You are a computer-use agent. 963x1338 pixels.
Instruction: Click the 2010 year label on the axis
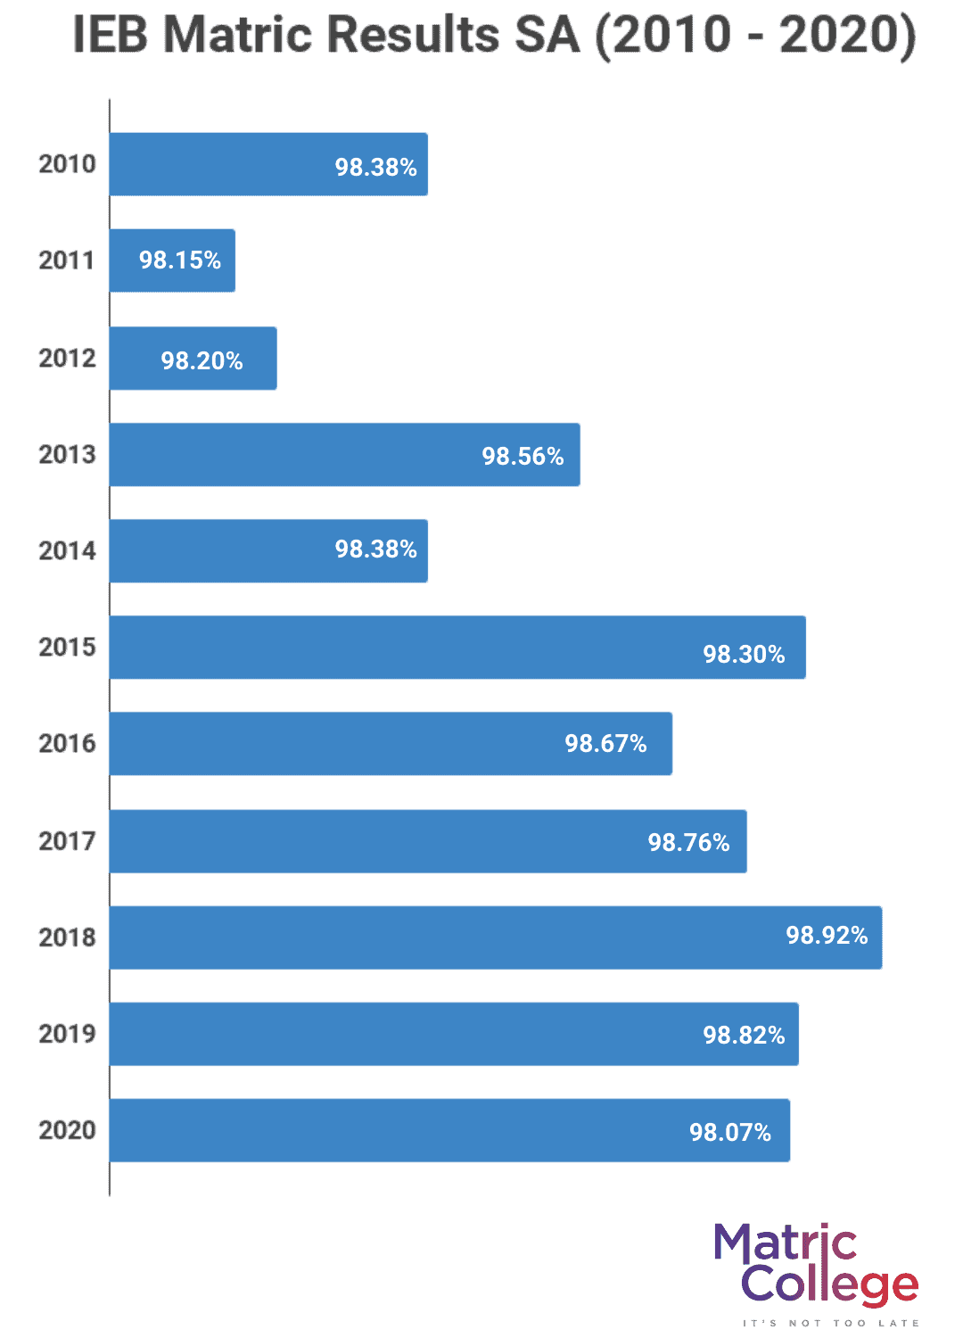tap(67, 164)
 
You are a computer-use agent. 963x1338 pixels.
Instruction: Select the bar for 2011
tap(172, 260)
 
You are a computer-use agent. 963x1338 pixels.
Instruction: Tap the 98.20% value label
tap(202, 360)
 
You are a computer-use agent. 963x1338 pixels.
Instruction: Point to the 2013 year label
tap(67, 455)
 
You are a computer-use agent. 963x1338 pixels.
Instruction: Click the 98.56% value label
tap(523, 457)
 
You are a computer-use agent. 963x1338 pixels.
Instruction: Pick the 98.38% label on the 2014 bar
tap(375, 549)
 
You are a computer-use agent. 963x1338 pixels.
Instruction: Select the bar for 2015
tap(457, 648)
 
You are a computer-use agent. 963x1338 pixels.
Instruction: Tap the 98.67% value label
tap(605, 744)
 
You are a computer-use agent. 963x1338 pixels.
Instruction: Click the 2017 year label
tap(67, 841)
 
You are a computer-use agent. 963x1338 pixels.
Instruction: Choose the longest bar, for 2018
tap(496, 937)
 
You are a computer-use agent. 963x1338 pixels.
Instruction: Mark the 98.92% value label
tap(827, 936)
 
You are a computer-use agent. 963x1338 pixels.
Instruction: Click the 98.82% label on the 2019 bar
tap(744, 1036)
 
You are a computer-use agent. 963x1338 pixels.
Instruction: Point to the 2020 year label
tap(67, 1130)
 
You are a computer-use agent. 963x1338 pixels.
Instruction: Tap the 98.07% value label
tap(730, 1133)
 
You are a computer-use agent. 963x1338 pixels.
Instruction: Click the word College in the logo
tap(829, 1284)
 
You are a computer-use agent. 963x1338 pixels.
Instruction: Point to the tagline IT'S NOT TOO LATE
tap(830, 1323)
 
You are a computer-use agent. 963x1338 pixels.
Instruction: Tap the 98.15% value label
tap(179, 260)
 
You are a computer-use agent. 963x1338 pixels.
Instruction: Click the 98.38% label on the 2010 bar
tap(375, 168)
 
